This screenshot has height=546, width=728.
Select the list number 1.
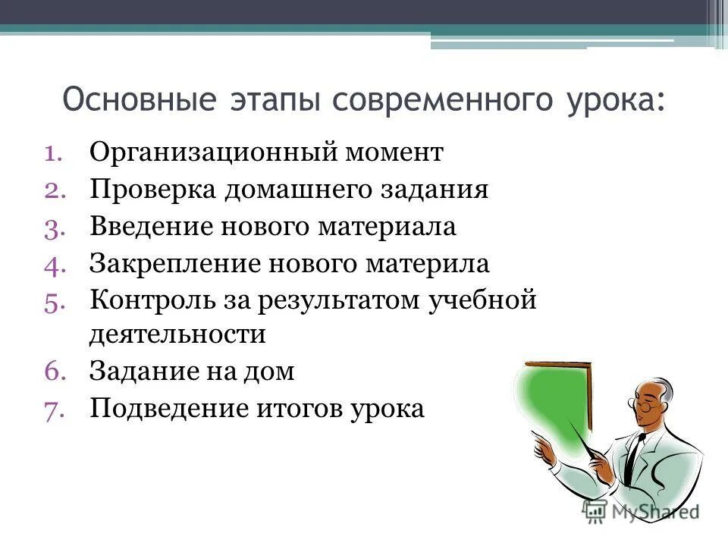(55, 153)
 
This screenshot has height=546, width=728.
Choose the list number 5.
(55, 301)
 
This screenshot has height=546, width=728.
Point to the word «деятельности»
(177, 334)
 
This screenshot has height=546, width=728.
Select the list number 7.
(55, 409)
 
